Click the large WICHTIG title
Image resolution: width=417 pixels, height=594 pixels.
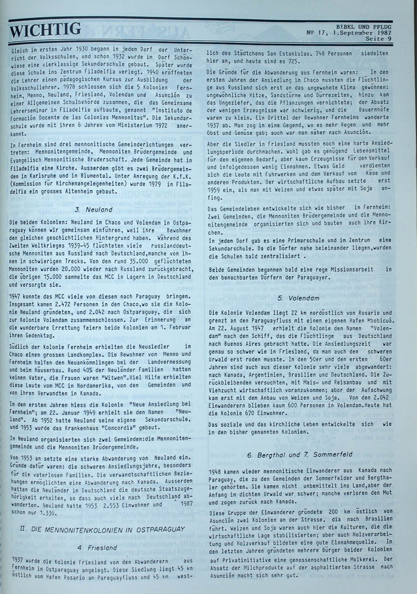(x=45, y=30)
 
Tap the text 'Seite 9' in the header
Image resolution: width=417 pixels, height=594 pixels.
(x=378, y=39)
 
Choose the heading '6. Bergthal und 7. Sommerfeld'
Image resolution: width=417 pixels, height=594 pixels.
(x=299, y=455)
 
